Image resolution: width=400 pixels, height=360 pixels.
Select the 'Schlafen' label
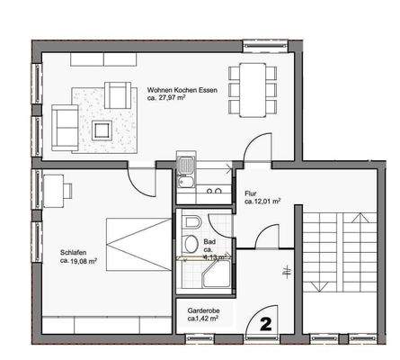[x=73, y=252]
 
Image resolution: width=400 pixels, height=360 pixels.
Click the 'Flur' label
[x=250, y=193]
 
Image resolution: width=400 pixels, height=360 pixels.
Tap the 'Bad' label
[x=209, y=242]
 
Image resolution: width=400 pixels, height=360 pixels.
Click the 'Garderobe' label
[x=203, y=309]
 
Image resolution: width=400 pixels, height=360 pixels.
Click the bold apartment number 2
[x=266, y=320]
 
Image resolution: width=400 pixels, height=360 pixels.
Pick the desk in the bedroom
[x=56, y=189]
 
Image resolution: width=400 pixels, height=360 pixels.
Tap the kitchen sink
[x=185, y=168]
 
